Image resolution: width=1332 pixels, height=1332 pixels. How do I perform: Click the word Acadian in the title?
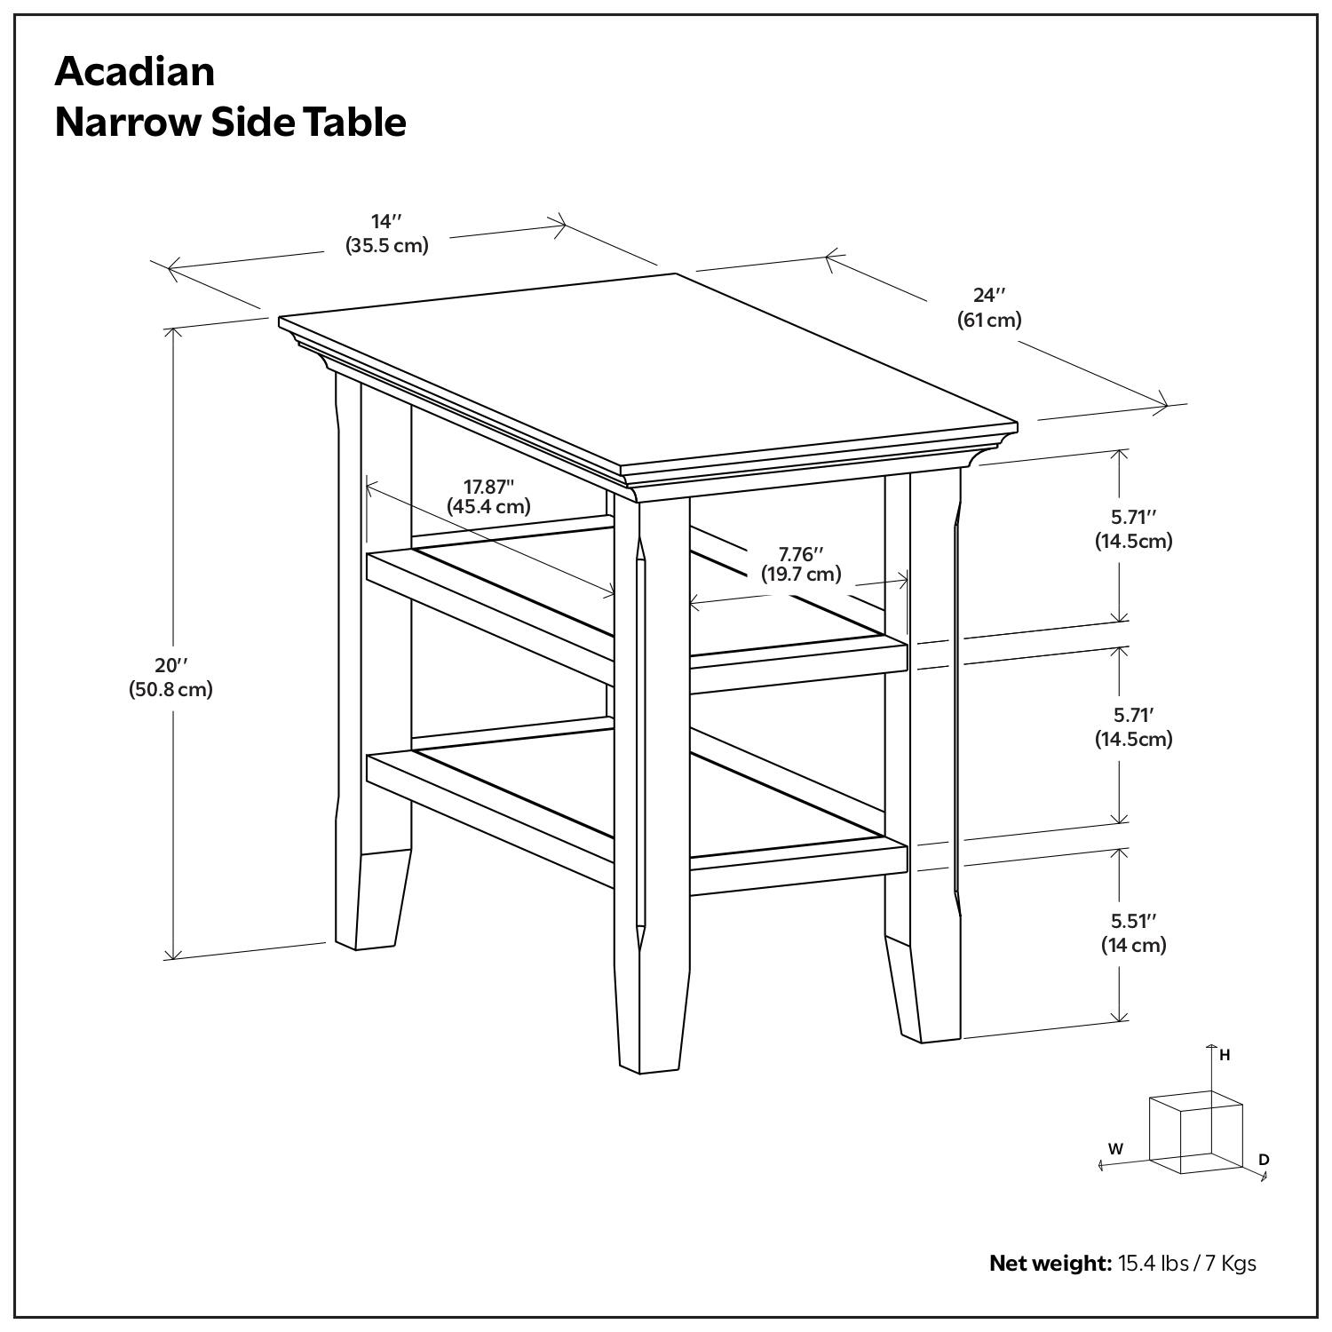[134, 71]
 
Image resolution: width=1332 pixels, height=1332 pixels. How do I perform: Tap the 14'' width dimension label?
[386, 221]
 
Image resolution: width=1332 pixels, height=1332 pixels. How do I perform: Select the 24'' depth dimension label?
[988, 295]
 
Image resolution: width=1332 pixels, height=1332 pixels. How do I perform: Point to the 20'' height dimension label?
[171, 665]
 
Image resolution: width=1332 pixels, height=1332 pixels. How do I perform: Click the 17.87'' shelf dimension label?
[488, 486]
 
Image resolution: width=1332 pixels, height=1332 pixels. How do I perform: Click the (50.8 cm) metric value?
[171, 689]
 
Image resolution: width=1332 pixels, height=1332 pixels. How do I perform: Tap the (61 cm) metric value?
[988, 320]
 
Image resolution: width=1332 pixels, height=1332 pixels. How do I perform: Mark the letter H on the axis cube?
[1225, 1055]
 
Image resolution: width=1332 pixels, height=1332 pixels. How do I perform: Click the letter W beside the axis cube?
[1115, 1148]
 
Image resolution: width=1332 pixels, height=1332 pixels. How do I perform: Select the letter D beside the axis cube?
[1264, 1159]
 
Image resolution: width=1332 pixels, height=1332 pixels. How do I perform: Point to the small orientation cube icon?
[1194, 1132]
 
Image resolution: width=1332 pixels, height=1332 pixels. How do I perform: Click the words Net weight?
[1050, 1263]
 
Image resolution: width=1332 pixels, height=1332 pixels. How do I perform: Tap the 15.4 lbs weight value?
[1153, 1263]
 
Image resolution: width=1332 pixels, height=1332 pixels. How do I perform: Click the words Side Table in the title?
[308, 123]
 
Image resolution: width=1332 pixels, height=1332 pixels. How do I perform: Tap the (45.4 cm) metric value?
[488, 507]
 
